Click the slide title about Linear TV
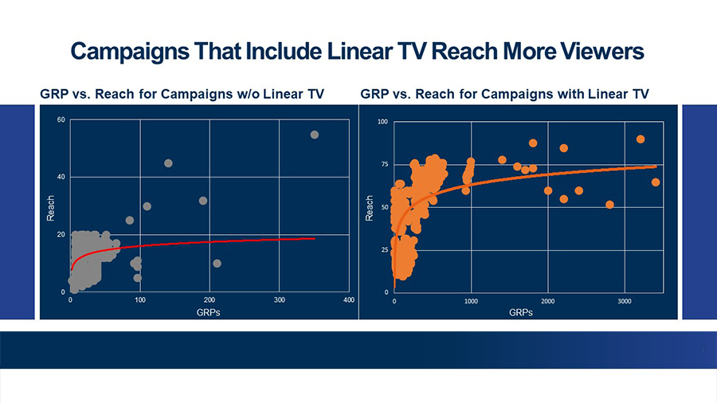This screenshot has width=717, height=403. pyautogui.click(x=357, y=52)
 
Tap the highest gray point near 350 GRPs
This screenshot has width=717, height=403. pyautogui.click(x=315, y=135)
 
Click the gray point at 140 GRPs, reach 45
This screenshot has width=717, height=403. pyautogui.click(x=168, y=163)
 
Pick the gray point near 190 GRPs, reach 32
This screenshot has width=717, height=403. pyautogui.click(x=203, y=201)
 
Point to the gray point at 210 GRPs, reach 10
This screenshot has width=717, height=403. pyautogui.click(x=217, y=264)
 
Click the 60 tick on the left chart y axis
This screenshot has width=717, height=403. pyautogui.click(x=61, y=120)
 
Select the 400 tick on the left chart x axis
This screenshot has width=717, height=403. pyautogui.click(x=348, y=300)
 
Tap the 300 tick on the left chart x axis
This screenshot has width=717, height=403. pyautogui.click(x=279, y=300)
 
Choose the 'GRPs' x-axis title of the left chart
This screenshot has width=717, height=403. pyautogui.click(x=208, y=312)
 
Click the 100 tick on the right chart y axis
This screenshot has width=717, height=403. pyautogui.click(x=383, y=123)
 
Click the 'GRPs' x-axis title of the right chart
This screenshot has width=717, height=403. pyautogui.click(x=522, y=312)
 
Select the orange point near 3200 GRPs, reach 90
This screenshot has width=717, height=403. pyautogui.click(x=641, y=139)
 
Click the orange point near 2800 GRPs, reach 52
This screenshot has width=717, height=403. pyautogui.click(x=609, y=205)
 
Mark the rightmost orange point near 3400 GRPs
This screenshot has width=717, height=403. pyautogui.click(x=656, y=182)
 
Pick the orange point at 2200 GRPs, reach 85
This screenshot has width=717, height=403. pyautogui.click(x=564, y=148)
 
